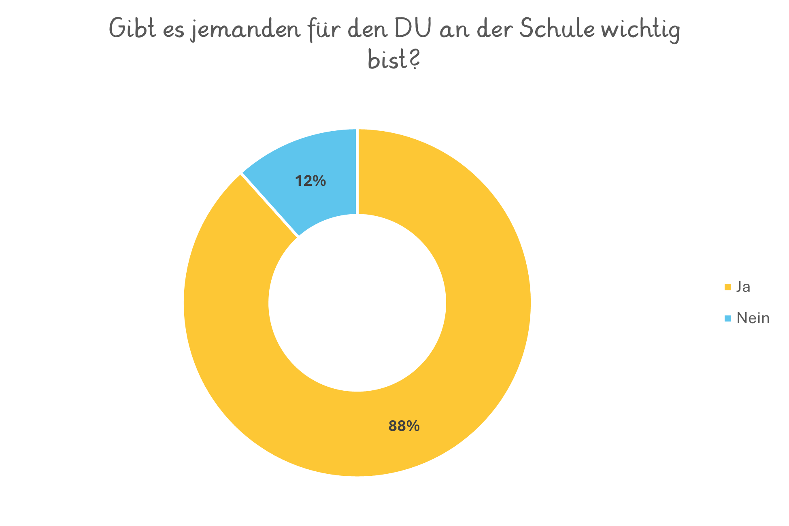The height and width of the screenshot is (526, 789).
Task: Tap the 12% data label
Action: tap(310, 181)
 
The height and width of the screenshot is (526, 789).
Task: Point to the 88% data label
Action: tap(404, 426)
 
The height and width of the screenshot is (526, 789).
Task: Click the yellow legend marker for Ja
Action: tap(727, 287)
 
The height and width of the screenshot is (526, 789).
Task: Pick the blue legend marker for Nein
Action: tap(727, 318)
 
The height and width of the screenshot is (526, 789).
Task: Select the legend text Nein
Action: tap(753, 318)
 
